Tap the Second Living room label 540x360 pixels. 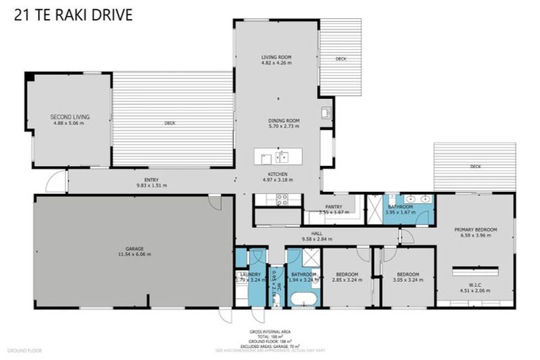pyautogui.click(x=70, y=117)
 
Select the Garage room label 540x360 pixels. pyautogui.click(x=135, y=250)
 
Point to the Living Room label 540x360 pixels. pyautogui.click(x=276, y=57)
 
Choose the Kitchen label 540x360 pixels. pyautogui.click(x=277, y=174)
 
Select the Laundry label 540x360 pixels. pyautogui.click(x=250, y=274)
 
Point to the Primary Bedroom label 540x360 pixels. pyautogui.click(x=475, y=230)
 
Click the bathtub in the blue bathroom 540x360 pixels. pyautogui.click(x=302, y=300)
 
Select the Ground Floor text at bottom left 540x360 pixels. pyautogui.click(x=25, y=349)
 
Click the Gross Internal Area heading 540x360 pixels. pyautogui.click(x=270, y=330)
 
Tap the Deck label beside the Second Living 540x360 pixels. pyautogui.click(x=169, y=123)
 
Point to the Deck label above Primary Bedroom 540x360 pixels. pyautogui.click(x=476, y=167)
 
